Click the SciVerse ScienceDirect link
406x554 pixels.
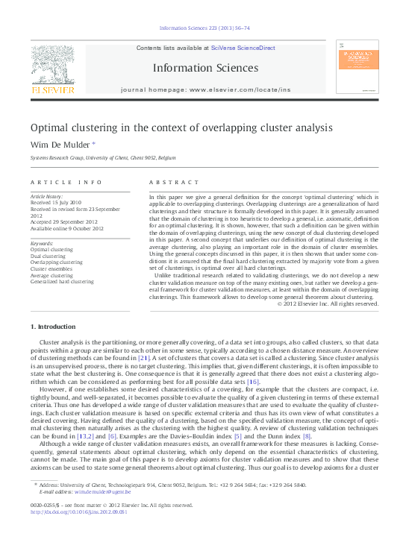(x=243, y=48)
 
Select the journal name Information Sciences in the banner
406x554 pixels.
(x=205, y=68)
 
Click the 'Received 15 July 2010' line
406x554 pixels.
(x=56, y=202)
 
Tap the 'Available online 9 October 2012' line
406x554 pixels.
(x=67, y=228)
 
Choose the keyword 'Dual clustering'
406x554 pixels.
(x=49, y=256)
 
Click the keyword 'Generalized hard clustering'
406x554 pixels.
(x=62, y=282)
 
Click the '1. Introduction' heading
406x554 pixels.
(x=53, y=327)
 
